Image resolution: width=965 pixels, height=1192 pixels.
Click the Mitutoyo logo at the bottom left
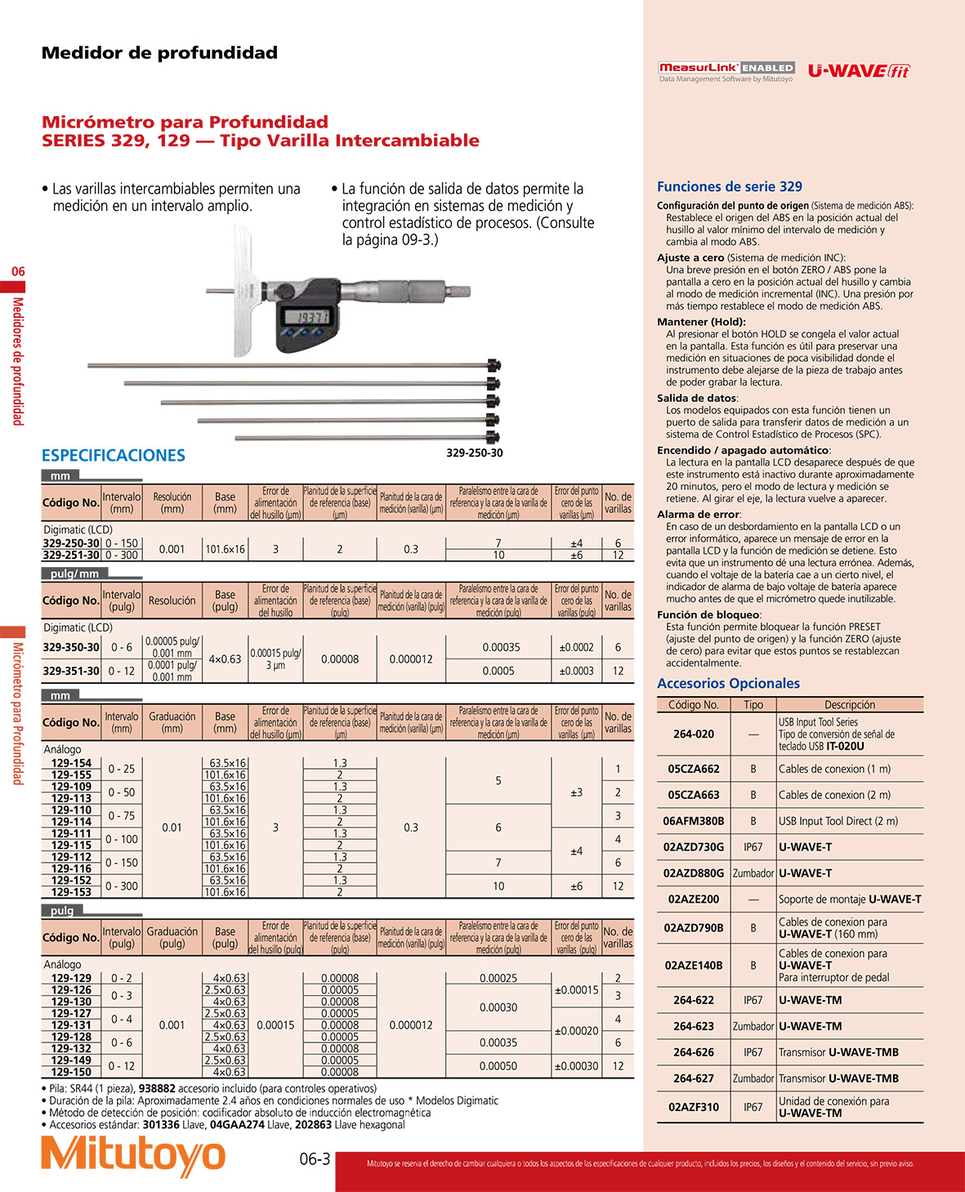pos(132,1155)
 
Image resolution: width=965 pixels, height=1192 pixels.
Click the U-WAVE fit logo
pos(859,71)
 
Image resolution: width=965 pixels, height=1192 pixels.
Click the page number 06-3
pos(315,1159)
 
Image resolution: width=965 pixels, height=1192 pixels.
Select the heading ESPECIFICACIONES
pos(114,456)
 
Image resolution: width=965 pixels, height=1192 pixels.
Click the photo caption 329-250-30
pos(475,453)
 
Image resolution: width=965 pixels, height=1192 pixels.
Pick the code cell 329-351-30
pos(71,671)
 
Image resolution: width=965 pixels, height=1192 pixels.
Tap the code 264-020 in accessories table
pos(694,734)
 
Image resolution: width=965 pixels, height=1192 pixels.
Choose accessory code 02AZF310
pos(694,1107)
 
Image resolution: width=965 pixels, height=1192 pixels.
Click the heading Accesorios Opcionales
pos(728,684)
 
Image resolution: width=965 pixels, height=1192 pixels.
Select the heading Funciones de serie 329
pos(730,187)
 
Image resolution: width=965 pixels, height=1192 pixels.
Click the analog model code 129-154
pos(72,763)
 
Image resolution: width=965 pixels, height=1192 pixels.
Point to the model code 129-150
pos(72,1072)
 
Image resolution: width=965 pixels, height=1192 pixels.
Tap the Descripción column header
pos(849,704)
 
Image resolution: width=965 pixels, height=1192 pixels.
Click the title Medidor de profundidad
pos(159,53)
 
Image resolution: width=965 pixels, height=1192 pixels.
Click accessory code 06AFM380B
pos(694,821)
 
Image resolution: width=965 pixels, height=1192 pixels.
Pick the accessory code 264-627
pos(694,1078)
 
